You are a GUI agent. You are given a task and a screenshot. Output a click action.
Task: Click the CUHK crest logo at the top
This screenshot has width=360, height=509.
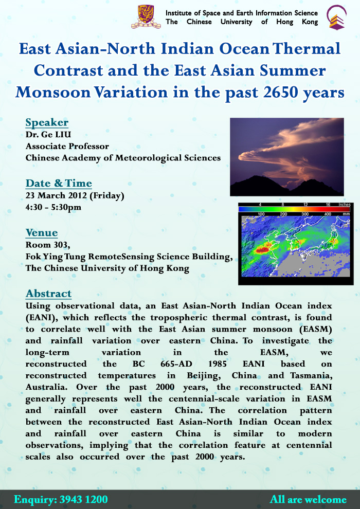(x=146, y=16)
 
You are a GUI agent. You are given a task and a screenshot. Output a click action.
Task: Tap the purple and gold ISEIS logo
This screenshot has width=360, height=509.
(x=337, y=17)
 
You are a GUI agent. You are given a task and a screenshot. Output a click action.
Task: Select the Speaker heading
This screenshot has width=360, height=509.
(x=47, y=122)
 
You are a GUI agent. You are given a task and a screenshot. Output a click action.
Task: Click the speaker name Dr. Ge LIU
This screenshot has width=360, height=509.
(x=48, y=135)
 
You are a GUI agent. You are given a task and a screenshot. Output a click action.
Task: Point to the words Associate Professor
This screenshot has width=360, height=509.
(x=67, y=147)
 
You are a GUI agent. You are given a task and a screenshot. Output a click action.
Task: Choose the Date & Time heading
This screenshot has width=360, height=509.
(x=59, y=183)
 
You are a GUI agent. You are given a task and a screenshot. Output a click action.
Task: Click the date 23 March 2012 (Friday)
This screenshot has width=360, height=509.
(x=75, y=196)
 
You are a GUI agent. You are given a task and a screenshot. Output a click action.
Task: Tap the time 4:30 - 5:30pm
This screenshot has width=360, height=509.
(x=53, y=207)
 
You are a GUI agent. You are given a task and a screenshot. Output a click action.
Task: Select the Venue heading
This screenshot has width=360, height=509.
(x=42, y=232)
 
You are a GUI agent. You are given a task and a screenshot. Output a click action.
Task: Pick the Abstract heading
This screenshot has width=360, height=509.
(x=48, y=294)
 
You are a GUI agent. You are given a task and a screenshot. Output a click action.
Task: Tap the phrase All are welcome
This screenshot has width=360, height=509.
(x=308, y=499)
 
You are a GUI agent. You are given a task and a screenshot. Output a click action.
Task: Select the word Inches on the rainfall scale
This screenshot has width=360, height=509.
(x=345, y=205)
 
